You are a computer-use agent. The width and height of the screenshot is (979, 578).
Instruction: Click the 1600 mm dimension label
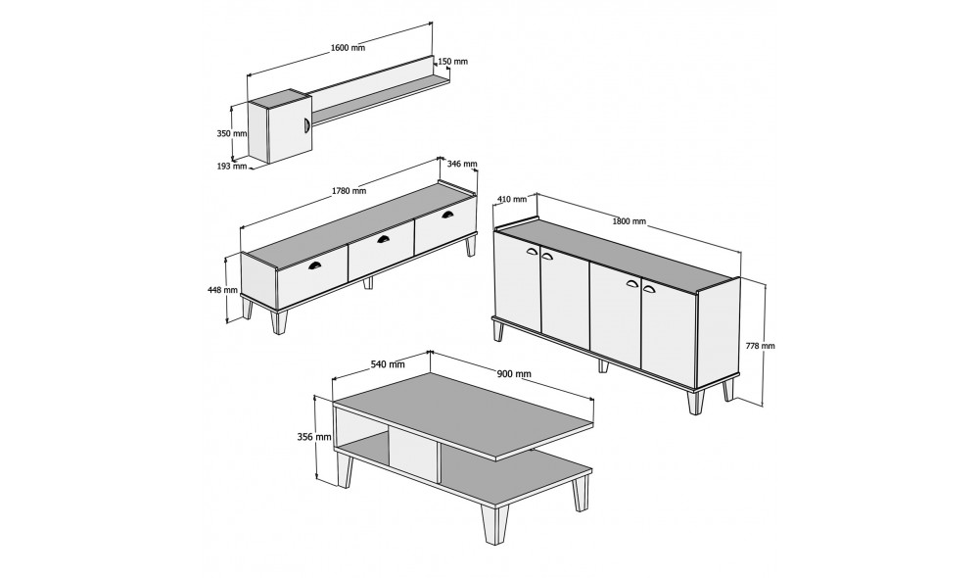348,47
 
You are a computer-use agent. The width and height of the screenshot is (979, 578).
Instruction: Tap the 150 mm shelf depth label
452,62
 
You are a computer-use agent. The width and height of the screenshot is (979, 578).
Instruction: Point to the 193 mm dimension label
232,167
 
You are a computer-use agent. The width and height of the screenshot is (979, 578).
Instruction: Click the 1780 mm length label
349,191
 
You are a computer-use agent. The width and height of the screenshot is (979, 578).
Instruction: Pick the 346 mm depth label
462,164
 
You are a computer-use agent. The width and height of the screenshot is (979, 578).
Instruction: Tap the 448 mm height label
223,290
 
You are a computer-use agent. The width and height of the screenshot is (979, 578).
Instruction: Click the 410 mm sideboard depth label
512,199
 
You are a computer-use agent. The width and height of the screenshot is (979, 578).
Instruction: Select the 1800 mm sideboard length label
629,221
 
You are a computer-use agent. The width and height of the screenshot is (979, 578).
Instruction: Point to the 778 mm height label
760,346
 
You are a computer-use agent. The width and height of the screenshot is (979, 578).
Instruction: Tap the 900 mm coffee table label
514,374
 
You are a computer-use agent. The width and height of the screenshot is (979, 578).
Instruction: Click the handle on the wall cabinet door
306,124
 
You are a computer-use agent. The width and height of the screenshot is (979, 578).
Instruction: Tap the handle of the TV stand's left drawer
315,265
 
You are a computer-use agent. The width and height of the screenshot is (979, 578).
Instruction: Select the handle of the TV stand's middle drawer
383,238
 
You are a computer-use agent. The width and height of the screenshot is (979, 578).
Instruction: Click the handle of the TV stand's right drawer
448,215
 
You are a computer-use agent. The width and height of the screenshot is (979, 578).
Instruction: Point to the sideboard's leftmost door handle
534,252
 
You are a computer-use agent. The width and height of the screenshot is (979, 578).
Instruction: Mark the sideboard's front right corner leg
696,402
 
